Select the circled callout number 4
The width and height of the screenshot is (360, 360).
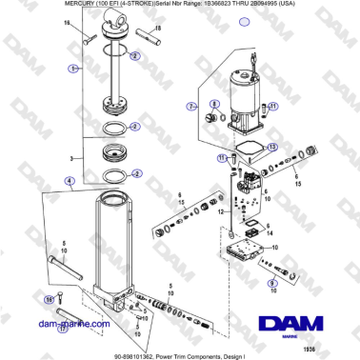pyautogui.click(x=68, y=180)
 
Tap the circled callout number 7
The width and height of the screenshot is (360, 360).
pyautogui.click(x=191, y=105)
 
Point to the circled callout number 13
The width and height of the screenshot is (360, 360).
pyautogui.click(x=272, y=148)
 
